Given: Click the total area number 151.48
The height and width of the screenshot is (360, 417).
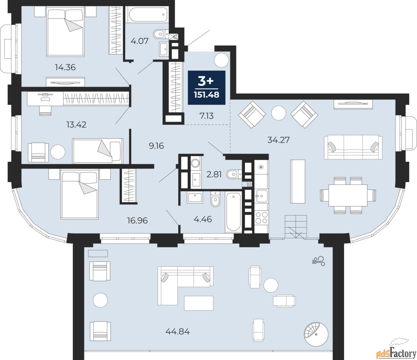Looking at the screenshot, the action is pyautogui.click(x=207, y=95).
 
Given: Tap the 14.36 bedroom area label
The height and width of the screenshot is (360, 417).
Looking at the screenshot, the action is pyautogui.click(x=65, y=67).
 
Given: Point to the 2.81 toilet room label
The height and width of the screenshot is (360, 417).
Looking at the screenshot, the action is pyautogui.click(x=214, y=174).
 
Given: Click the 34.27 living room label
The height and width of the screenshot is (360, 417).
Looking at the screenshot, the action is pyautogui.click(x=279, y=140).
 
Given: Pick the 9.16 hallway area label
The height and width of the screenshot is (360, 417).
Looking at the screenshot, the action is pyautogui.click(x=156, y=145).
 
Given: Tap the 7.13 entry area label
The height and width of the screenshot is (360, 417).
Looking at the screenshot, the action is pyautogui.click(x=206, y=116).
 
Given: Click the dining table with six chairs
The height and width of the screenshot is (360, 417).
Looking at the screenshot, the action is pyautogui.click(x=348, y=195).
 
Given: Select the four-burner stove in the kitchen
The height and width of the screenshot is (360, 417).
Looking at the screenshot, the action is pyautogui.click(x=262, y=217).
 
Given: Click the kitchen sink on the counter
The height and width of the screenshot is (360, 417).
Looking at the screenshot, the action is pyautogui.click(x=262, y=196).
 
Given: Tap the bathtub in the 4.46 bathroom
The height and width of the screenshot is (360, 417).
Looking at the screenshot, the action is pyautogui.click(x=233, y=212).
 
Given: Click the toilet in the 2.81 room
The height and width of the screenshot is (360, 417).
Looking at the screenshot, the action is pyautogui.click(x=234, y=174).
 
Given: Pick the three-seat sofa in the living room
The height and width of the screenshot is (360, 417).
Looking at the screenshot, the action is pyautogui.click(x=353, y=147).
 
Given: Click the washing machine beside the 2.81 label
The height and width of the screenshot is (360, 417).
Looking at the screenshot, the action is pyautogui.click(x=195, y=163).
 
